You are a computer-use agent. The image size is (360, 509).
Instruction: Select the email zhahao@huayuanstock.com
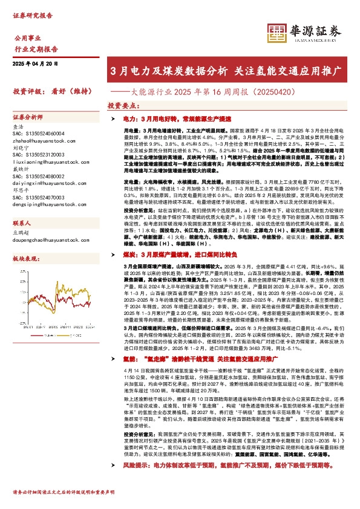point(37,140)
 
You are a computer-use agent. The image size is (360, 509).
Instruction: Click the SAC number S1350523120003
point(38,154)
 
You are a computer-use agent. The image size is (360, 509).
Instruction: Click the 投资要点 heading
point(124,105)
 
